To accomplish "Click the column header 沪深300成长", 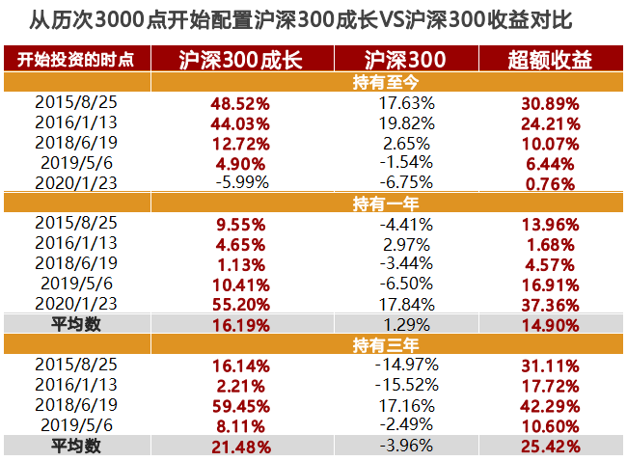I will (241, 60).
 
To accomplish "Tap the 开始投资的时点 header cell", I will (76, 60).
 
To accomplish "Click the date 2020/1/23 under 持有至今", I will (76, 182).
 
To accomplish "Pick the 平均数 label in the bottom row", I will (76, 446).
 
